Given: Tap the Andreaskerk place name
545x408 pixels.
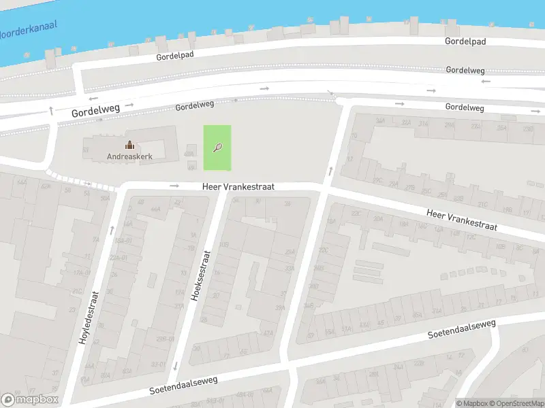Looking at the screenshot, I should [129, 156].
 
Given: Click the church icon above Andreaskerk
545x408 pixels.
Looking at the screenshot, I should [129, 145].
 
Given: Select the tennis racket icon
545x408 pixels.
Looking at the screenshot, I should [217, 147].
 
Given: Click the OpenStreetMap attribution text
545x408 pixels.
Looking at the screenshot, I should [516, 403].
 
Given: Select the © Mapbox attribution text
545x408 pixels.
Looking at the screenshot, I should [471, 403].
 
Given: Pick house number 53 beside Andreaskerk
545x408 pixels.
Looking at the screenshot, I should [86, 149].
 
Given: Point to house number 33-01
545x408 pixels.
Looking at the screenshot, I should [158, 364].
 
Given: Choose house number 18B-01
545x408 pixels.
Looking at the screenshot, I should [123, 240].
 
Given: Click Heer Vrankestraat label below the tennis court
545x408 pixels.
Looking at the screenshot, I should [238, 186].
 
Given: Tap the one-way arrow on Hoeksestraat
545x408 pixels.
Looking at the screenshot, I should [176, 366].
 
